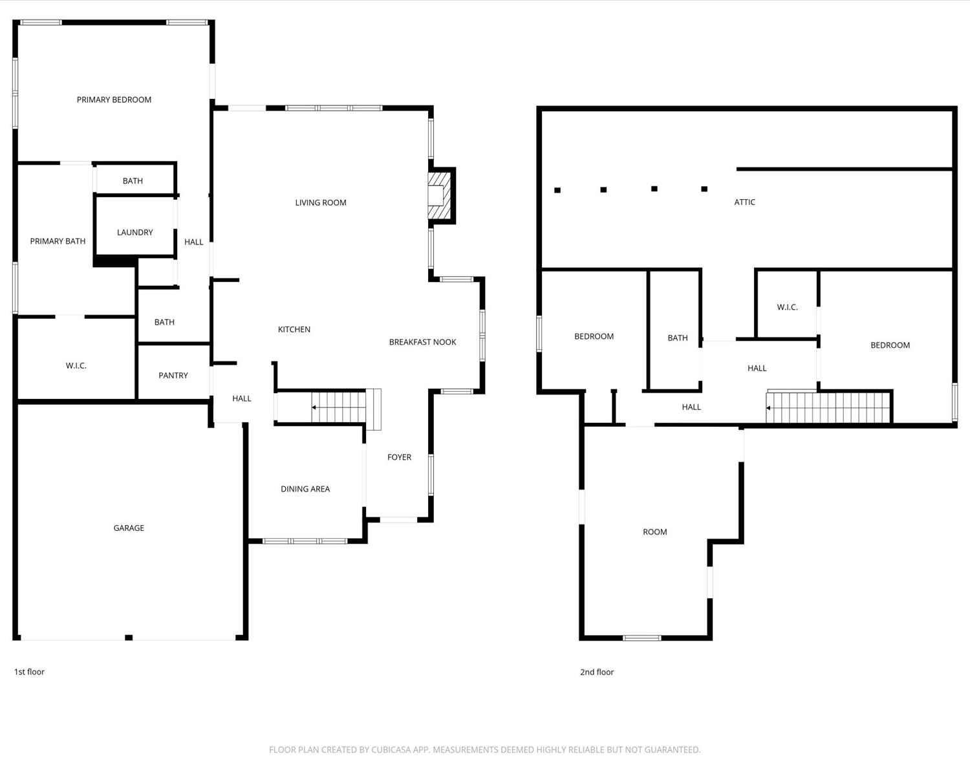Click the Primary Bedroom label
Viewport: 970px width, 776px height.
pyautogui.click(x=114, y=100)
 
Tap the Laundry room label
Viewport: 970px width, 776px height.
pyautogui.click(x=135, y=232)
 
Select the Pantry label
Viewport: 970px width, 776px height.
pyautogui.click(x=173, y=375)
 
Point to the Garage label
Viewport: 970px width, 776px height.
pyautogui.click(x=129, y=528)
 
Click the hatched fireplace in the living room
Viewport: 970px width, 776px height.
pyautogui.click(x=440, y=195)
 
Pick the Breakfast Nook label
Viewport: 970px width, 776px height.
pyautogui.click(x=422, y=342)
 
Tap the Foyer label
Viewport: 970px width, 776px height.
pyautogui.click(x=400, y=457)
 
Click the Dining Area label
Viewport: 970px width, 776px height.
pyautogui.click(x=305, y=489)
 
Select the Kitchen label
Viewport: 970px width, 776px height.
pyautogui.click(x=294, y=329)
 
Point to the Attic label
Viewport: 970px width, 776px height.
pyautogui.click(x=744, y=202)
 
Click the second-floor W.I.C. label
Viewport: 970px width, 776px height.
pyautogui.click(x=787, y=307)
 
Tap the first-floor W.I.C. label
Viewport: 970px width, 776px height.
pyautogui.click(x=76, y=365)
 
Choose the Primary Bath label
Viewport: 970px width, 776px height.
pyautogui.click(x=58, y=241)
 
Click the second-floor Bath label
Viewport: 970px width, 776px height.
pyautogui.click(x=678, y=338)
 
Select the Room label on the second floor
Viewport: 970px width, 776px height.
pyautogui.click(x=655, y=532)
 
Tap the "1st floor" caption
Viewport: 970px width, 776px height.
pyautogui.click(x=29, y=671)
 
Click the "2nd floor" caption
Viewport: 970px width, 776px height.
pyautogui.click(x=597, y=672)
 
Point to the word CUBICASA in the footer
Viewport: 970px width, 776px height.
pyautogui.click(x=391, y=749)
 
